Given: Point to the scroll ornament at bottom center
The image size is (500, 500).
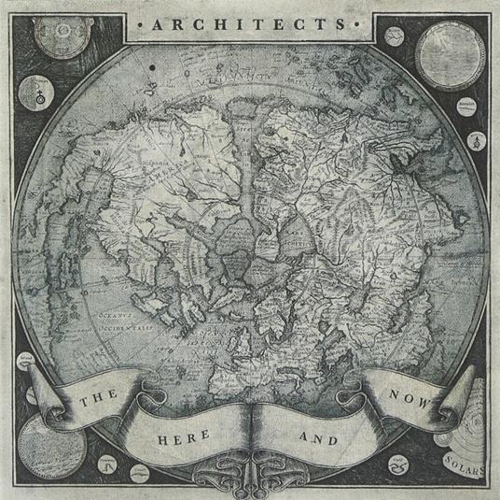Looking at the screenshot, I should click(250, 467).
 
